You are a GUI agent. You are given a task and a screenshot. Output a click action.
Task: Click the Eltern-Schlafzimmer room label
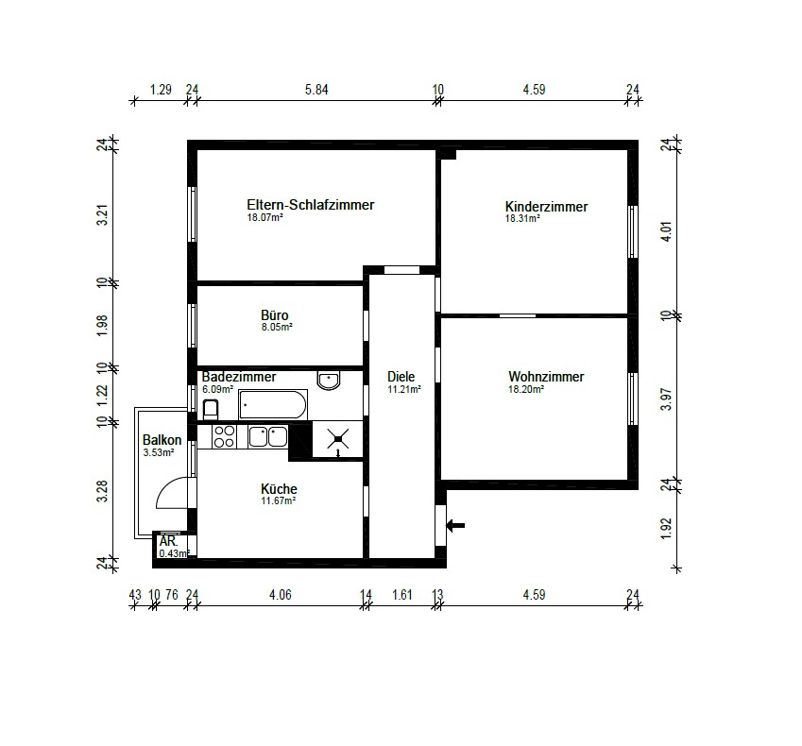tap(310, 205)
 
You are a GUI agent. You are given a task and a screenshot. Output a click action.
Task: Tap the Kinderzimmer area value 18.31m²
tap(522, 218)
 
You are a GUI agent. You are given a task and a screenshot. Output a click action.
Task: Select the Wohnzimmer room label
tap(546, 377)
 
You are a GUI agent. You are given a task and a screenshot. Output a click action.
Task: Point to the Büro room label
tap(275, 315)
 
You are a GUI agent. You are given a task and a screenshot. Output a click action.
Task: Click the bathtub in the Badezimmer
tap(272, 406)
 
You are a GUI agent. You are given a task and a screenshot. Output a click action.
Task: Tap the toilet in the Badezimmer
tap(211, 409)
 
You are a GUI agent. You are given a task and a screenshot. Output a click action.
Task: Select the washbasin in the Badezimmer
tap(329, 381)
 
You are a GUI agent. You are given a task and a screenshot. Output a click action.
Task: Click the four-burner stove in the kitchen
tap(224, 436)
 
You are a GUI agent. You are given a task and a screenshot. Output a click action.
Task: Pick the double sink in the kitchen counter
tap(267, 436)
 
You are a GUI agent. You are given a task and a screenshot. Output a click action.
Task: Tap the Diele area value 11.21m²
tap(403, 388)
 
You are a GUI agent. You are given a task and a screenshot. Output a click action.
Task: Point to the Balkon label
tap(159, 440)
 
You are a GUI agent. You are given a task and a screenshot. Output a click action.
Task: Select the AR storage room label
tap(168, 542)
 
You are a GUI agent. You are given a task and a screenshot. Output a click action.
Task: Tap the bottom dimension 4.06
tap(280, 594)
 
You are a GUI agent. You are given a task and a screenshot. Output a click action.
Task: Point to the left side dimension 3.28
tap(102, 492)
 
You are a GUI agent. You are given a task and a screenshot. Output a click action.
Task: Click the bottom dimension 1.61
tap(402, 594)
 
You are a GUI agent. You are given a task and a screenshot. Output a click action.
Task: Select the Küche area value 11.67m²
tap(279, 500)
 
